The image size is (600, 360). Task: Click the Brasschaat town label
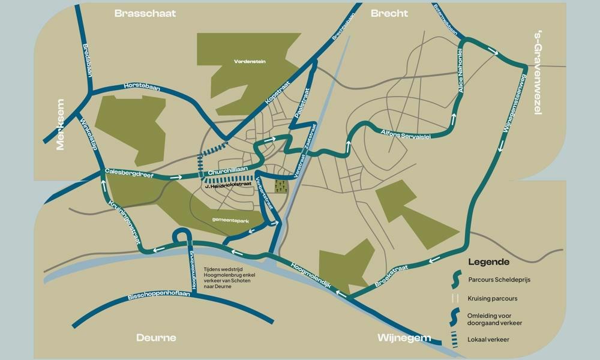[x=145, y=13]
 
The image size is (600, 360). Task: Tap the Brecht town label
[x=389, y=13]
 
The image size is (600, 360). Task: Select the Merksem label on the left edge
[x=60, y=124]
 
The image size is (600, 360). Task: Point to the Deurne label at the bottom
[x=155, y=337]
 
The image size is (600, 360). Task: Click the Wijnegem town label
[x=404, y=337]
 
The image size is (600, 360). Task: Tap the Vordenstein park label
[x=250, y=61]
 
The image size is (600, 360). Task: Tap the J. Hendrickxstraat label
[x=228, y=187]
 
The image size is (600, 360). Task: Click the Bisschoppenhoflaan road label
[x=158, y=296]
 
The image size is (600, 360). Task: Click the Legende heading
[x=488, y=262]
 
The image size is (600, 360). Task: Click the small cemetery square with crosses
[x=281, y=186]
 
